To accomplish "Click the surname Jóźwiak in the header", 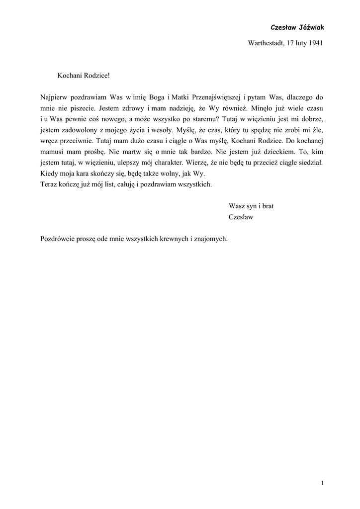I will pos(310,27).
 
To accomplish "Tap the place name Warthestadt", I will pos(266,43).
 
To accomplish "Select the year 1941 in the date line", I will pos(315,43).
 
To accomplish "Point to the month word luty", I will pos(297,43).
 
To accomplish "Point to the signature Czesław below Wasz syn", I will pos(241,217).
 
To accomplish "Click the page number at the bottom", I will pos(322,483).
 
